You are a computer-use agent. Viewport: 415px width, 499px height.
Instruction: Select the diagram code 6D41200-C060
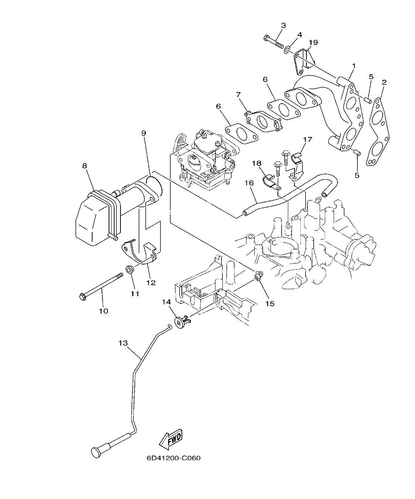point(173,458)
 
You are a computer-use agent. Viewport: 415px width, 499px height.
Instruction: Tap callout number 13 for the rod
point(123,343)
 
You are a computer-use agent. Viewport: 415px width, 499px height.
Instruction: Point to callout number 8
point(85,166)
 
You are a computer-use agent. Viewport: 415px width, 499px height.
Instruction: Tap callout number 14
point(166,302)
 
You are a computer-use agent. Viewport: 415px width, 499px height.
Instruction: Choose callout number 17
point(307,140)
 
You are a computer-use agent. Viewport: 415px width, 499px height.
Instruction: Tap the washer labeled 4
point(287,49)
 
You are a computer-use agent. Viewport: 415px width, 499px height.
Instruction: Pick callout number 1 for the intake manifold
point(354,66)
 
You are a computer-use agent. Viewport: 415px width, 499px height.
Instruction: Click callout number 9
point(144,133)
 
